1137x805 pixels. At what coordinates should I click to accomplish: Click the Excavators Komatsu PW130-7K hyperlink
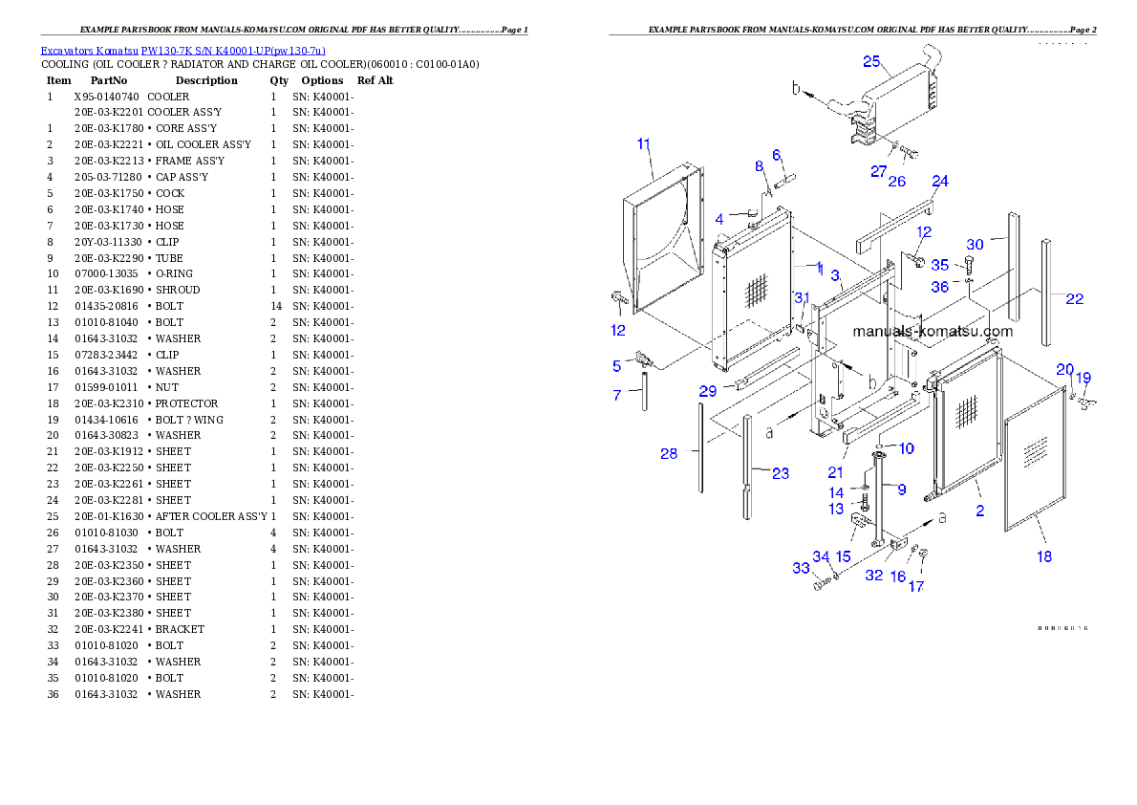click(x=182, y=51)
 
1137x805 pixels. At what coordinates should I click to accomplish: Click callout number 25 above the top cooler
click(x=870, y=61)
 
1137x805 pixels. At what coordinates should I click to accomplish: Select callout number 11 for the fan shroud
click(x=643, y=144)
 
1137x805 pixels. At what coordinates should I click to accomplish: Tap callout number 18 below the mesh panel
click(x=1044, y=555)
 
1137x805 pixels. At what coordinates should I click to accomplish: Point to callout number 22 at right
click(x=1074, y=298)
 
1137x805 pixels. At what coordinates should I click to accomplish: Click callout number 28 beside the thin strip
click(x=669, y=453)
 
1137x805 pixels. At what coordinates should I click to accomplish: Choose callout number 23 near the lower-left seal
click(x=780, y=472)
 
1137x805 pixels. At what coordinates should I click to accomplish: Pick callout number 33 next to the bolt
click(x=801, y=568)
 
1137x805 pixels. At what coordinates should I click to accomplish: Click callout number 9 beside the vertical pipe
click(x=901, y=489)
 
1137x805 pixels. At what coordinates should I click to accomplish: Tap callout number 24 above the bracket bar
click(x=939, y=181)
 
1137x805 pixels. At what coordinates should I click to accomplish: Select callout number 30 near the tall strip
click(x=974, y=244)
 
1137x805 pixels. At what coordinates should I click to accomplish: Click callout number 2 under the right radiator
click(x=979, y=511)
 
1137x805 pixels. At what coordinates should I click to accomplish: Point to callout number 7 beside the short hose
click(x=617, y=394)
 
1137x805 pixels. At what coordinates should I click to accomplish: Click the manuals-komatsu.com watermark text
click(x=933, y=332)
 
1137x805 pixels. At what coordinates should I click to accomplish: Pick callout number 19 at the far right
click(x=1083, y=377)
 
